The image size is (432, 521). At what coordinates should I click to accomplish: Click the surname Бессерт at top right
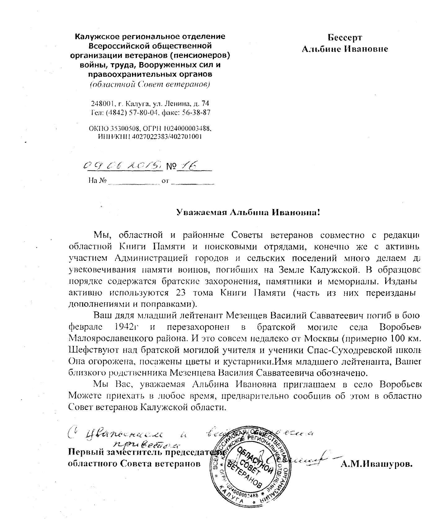click(345, 38)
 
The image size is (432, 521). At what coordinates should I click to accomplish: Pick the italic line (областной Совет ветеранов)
click(150, 84)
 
